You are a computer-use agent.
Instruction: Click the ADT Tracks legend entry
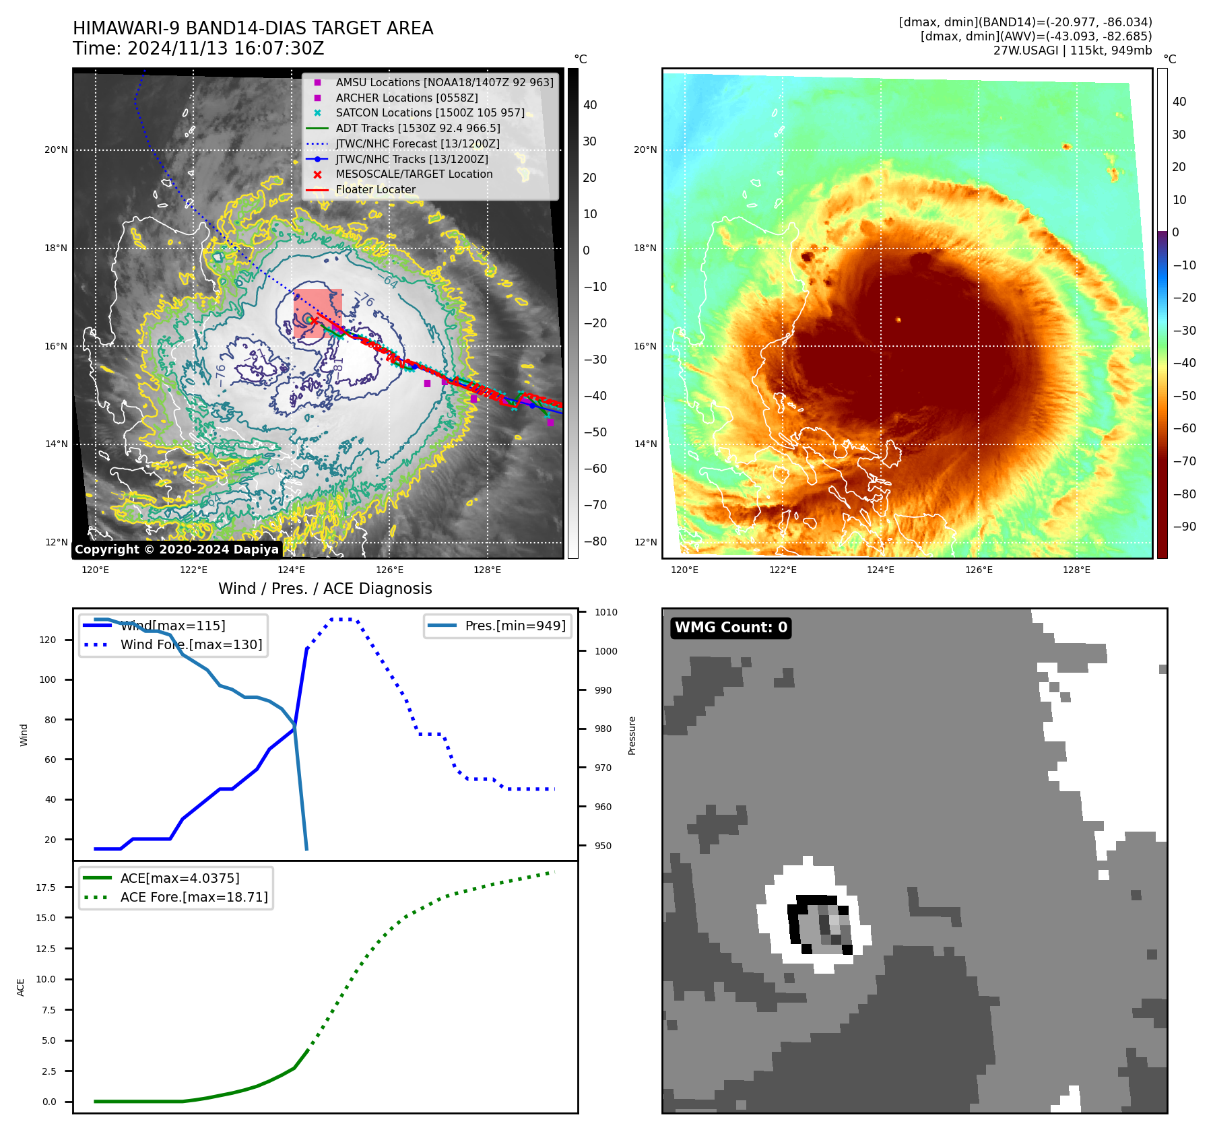pyautogui.click(x=418, y=128)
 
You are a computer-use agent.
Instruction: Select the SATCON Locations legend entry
pyautogui.click(x=430, y=112)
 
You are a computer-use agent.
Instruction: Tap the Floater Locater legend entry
pyautogui.click(x=375, y=189)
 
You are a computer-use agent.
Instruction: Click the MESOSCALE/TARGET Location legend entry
pyautogui.click(x=414, y=174)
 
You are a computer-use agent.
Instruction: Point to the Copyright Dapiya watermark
pyautogui.click(x=176, y=549)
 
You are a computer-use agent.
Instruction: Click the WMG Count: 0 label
pyautogui.click(x=731, y=628)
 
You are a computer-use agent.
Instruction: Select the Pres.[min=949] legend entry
pyautogui.click(x=515, y=626)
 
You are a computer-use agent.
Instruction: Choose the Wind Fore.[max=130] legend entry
pyautogui.click(x=191, y=644)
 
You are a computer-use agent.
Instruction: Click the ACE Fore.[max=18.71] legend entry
pyautogui.click(x=193, y=897)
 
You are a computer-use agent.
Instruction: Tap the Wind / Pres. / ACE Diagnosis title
pyautogui.click(x=325, y=589)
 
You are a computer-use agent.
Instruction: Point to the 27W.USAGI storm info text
pyautogui.click(x=1072, y=51)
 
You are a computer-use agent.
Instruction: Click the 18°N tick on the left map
pyautogui.click(x=57, y=248)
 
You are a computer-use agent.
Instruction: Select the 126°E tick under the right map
pyautogui.click(x=979, y=570)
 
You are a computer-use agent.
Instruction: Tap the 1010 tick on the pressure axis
pyautogui.click(x=605, y=612)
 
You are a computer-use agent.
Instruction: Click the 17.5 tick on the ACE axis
pyautogui.click(x=46, y=888)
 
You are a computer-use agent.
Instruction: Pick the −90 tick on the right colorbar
pyautogui.click(x=1184, y=527)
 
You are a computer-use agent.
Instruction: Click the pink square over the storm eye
pyautogui.click(x=318, y=313)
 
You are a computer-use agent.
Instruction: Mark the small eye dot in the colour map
pyautogui.click(x=898, y=320)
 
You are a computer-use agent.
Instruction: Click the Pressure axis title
pyautogui.click(x=632, y=735)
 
